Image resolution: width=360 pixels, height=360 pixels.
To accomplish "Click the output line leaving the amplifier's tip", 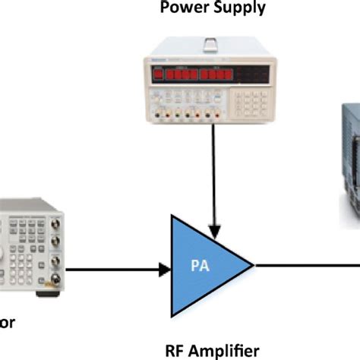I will (x=304, y=266).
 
